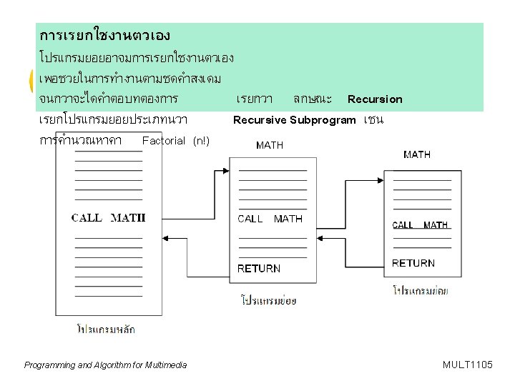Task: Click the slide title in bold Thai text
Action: tap(104, 35)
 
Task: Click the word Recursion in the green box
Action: tap(375, 99)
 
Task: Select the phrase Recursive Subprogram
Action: tap(294, 120)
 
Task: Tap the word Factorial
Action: tap(165, 141)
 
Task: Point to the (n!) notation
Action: tap(202, 141)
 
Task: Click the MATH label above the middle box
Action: tap(270, 145)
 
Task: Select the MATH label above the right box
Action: tap(417, 154)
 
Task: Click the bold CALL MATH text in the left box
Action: tap(108, 218)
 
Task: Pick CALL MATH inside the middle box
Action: tap(270, 219)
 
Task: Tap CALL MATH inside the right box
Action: tap(420, 225)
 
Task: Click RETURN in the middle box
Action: tap(259, 269)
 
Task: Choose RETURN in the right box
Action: tap(413, 263)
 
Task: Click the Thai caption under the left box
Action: tap(106, 330)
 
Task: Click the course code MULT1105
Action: tap(468, 365)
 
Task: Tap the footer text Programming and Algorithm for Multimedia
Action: tap(105, 365)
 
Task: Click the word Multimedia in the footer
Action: tap(166, 365)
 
